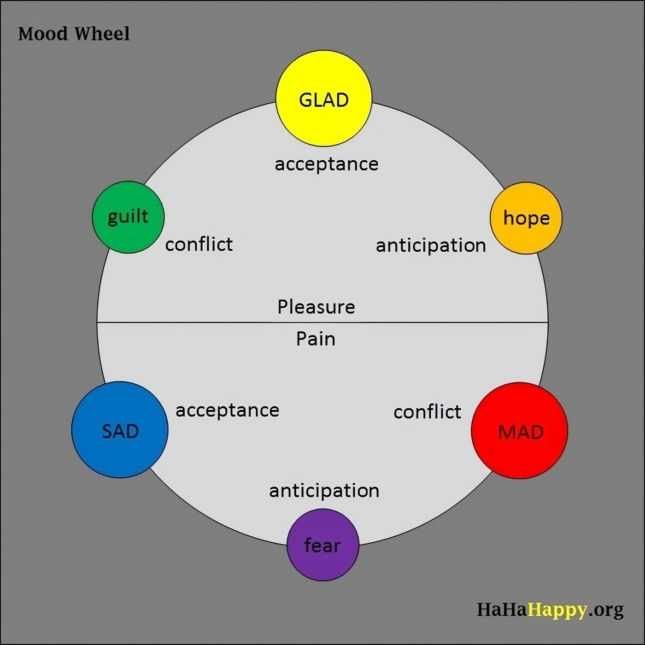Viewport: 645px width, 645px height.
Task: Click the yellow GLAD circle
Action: click(323, 99)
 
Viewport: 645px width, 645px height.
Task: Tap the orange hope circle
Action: click(526, 218)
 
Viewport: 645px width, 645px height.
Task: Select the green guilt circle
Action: click(128, 217)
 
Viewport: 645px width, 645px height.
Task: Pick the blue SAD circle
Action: click(120, 430)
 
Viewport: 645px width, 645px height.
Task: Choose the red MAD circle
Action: click(520, 431)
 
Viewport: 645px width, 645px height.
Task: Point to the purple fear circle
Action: click(322, 545)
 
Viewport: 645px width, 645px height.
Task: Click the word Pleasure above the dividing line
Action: click(316, 307)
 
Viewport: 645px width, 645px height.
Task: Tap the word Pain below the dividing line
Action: click(316, 339)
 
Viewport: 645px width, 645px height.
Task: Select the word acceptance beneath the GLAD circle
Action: click(326, 164)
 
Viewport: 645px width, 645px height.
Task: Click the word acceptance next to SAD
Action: click(227, 410)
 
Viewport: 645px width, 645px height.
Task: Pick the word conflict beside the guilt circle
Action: click(199, 244)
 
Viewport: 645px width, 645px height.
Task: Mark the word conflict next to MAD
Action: click(427, 412)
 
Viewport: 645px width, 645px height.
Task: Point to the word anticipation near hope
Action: click(431, 246)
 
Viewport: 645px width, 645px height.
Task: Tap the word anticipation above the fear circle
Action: click(324, 491)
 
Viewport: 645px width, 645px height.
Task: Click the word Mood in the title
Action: click(43, 34)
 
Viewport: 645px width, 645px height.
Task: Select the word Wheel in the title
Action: click(102, 34)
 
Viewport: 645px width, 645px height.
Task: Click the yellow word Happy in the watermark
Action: click(557, 610)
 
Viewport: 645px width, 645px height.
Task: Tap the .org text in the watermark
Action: click(606, 610)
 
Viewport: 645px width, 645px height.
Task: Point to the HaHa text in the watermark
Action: click(502, 610)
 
